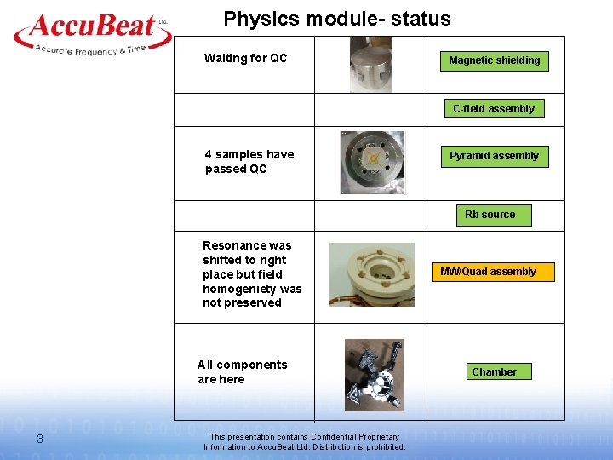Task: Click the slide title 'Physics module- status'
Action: pyautogui.click(x=337, y=19)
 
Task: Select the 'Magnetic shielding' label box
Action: pyautogui.click(x=494, y=60)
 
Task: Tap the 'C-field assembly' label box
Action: pyautogui.click(x=494, y=109)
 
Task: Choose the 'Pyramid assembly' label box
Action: pyautogui.click(x=494, y=156)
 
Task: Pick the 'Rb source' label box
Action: pyautogui.click(x=490, y=215)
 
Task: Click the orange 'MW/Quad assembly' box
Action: pyautogui.click(x=488, y=272)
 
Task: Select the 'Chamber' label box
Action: pyautogui.click(x=494, y=372)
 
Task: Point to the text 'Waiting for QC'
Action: pyautogui.click(x=245, y=59)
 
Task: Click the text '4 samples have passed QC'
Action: pyautogui.click(x=249, y=162)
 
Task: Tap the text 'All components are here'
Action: pyautogui.click(x=242, y=372)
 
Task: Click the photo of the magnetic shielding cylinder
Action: pyautogui.click(x=370, y=65)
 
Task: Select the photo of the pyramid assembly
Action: pyautogui.click(x=372, y=162)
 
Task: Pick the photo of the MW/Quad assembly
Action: pyautogui.click(x=372, y=273)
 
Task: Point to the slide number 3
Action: pyautogui.click(x=39, y=440)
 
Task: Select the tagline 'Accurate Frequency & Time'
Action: pyautogui.click(x=89, y=50)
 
